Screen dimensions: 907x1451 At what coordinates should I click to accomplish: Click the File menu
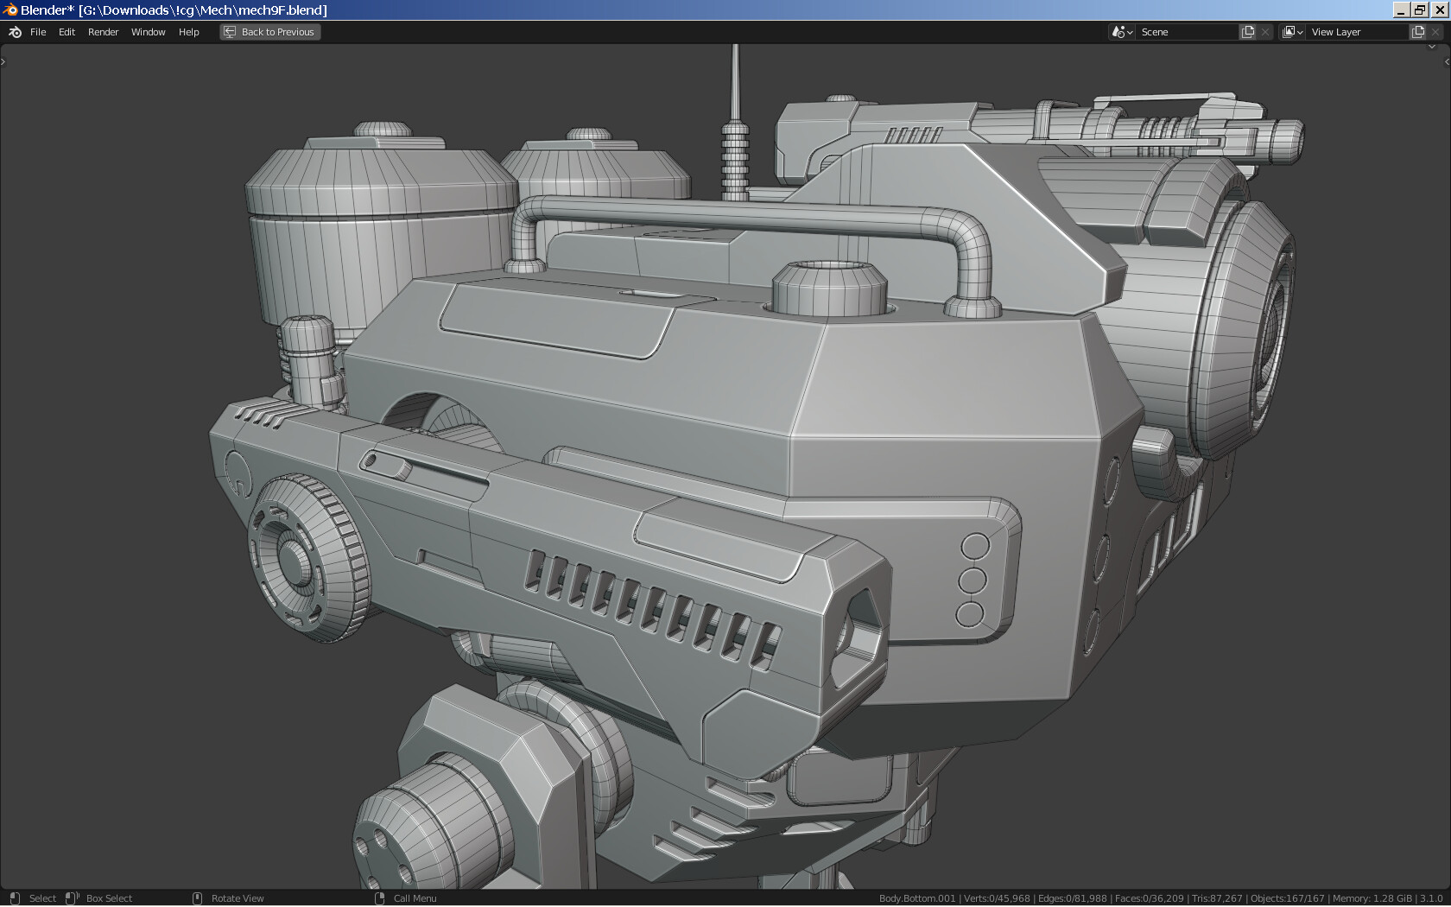(x=38, y=32)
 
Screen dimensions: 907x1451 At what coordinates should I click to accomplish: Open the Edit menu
(x=67, y=32)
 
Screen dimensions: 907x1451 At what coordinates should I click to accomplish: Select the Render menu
(x=103, y=32)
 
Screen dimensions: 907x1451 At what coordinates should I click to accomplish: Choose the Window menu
(x=148, y=32)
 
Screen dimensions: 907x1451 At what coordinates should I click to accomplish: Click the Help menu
(x=188, y=32)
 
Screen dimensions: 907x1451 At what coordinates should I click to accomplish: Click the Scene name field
(x=1188, y=32)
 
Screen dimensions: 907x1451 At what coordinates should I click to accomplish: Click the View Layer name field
(x=1357, y=32)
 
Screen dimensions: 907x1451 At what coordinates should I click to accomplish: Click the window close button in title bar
(x=1439, y=10)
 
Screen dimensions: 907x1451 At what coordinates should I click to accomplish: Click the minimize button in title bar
(x=1401, y=10)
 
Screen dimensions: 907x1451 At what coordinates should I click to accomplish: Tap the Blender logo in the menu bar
(x=15, y=32)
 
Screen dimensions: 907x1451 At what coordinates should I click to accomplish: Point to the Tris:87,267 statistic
(x=1216, y=898)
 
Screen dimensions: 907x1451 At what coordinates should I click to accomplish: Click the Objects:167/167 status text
(x=1287, y=898)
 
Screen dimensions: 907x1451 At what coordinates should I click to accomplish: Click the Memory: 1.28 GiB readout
(x=1372, y=898)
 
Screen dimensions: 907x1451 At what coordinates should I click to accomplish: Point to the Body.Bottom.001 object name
(x=917, y=898)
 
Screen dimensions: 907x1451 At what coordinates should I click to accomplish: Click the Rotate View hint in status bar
(x=238, y=898)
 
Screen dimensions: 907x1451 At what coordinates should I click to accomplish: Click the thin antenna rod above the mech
(x=735, y=82)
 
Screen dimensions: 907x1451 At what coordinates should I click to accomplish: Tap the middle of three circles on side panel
(x=973, y=580)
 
